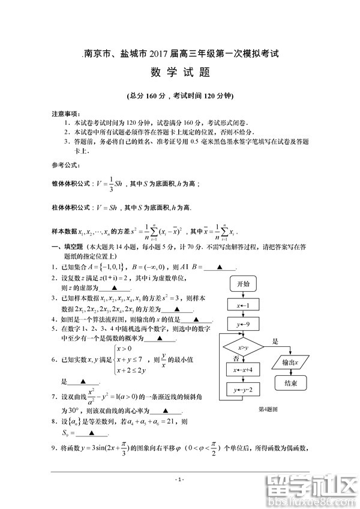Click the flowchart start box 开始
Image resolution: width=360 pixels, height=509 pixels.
(x=243, y=283)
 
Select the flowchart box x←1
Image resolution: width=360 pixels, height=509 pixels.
(x=243, y=305)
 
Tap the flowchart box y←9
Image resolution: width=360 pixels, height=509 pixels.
(x=243, y=324)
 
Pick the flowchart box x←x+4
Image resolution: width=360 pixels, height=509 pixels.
(x=243, y=370)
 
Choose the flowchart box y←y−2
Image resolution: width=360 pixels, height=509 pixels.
(x=243, y=391)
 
